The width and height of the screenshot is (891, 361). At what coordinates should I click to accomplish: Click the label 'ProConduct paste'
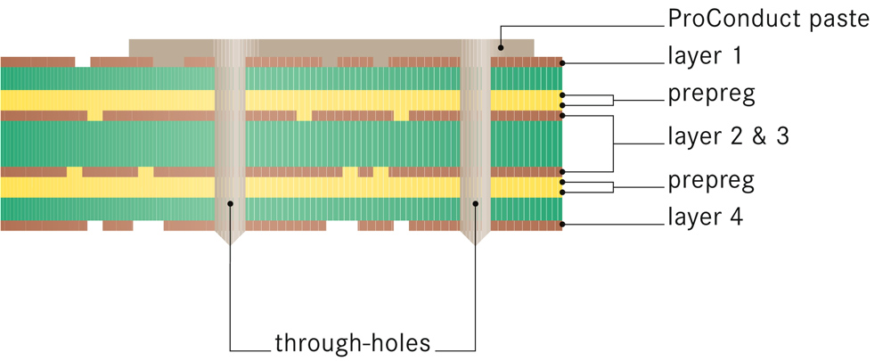pyautogui.click(x=768, y=19)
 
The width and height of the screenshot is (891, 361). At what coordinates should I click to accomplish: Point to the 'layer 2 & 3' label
pyautogui.click(x=728, y=135)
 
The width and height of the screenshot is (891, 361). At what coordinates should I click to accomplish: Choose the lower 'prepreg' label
pyautogui.click(x=711, y=181)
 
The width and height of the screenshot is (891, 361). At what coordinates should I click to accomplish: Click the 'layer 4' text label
pyautogui.click(x=705, y=216)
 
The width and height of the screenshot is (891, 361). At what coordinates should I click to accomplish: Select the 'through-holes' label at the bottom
pyautogui.click(x=353, y=342)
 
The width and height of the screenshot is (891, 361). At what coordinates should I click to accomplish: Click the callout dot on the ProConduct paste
pyautogui.click(x=502, y=48)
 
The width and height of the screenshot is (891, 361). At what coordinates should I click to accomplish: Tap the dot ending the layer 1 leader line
pyautogui.click(x=562, y=63)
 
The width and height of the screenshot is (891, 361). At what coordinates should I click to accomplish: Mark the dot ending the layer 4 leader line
pyautogui.click(x=562, y=225)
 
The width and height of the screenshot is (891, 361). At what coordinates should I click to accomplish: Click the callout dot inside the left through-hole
pyautogui.click(x=231, y=203)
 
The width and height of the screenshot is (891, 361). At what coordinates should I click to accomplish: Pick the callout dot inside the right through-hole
pyautogui.click(x=477, y=203)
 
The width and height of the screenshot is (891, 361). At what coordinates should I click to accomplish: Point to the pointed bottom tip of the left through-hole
pyautogui.click(x=231, y=244)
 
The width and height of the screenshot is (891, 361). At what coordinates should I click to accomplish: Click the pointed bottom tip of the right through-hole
pyautogui.click(x=477, y=244)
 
